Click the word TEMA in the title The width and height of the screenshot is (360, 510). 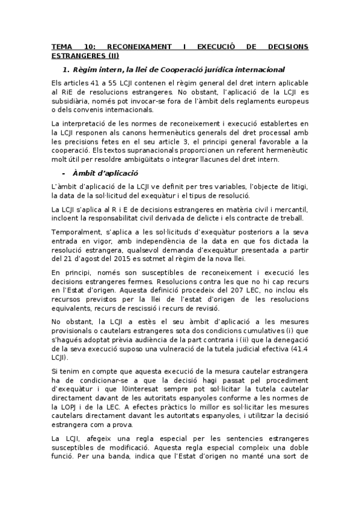[x=61, y=46]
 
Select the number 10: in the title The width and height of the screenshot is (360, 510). [x=92, y=46]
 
